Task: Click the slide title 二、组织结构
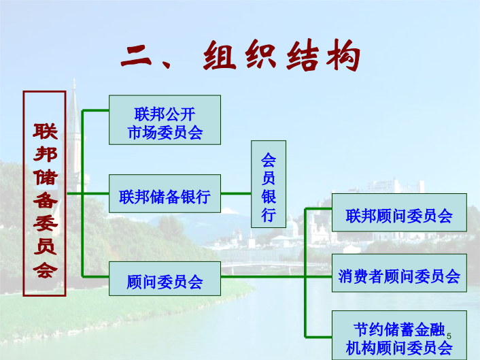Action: (x=241, y=56)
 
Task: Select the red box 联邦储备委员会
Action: (x=45, y=194)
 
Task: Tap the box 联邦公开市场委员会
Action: (x=165, y=120)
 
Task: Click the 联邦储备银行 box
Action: (x=165, y=194)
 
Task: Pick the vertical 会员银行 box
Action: (x=269, y=184)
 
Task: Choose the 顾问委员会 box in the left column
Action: (x=165, y=278)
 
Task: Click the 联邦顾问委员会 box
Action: (x=399, y=212)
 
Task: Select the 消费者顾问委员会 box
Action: (x=399, y=273)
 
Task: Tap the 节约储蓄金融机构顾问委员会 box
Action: (x=399, y=336)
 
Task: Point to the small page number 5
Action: (x=449, y=336)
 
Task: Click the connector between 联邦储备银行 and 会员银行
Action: (x=236, y=194)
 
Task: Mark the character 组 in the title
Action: (x=220, y=56)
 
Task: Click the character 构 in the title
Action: (x=343, y=56)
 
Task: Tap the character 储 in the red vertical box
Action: (x=46, y=178)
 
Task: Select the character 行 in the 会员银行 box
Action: (x=269, y=214)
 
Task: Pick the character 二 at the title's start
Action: (x=136, y=56)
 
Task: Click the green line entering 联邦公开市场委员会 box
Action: (x=95, y=110)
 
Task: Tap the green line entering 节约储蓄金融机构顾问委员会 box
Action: (x=318, y=337)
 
